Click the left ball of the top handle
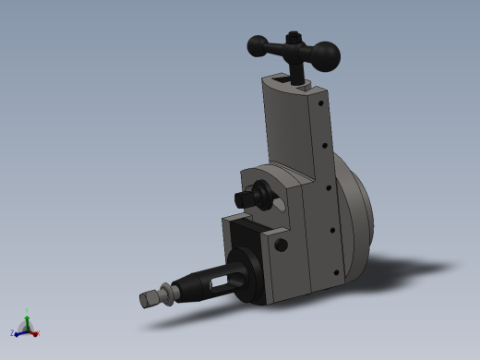258,45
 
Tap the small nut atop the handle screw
294,38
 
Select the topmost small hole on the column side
320,103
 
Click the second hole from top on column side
324,145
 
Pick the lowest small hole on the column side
334,271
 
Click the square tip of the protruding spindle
148,299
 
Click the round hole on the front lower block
281,245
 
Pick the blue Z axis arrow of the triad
18,331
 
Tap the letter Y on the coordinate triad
27,310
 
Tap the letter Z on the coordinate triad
12,333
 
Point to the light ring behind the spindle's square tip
167,294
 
